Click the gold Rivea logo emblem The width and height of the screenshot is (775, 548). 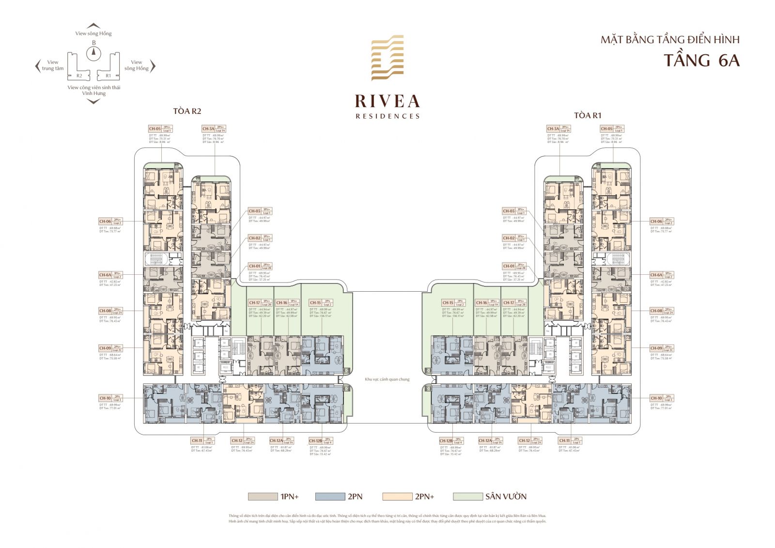387,58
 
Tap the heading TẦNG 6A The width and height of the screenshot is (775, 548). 701,61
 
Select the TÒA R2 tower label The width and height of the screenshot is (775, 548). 187,111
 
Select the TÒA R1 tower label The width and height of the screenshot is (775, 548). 587,115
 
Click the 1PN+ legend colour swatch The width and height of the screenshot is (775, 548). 262,497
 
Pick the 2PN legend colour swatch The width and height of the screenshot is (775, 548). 329,497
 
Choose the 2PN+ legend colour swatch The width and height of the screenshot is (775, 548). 396,497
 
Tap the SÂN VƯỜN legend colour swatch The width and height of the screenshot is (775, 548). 467,497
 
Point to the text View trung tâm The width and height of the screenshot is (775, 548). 52,65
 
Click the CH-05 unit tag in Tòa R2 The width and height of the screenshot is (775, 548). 155,129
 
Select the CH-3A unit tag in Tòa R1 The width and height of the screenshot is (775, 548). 553,129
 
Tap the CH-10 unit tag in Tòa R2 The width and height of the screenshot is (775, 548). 105,398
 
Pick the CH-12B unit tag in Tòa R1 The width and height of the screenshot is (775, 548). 446,441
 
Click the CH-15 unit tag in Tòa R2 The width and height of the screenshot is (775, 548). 315,303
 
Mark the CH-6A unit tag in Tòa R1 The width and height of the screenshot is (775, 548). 656,275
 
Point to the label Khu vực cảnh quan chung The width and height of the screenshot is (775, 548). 387,379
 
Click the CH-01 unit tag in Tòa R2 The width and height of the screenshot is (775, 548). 255,266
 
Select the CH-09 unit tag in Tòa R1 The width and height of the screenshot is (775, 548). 656,348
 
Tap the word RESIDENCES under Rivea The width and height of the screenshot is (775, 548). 387,116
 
